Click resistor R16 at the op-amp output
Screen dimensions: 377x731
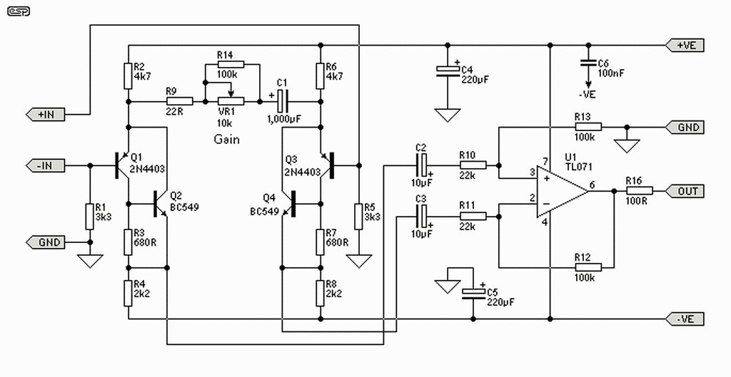[x=639, y=191]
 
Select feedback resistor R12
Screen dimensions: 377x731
[x=588, y=267]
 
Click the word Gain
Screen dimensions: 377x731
[x=226, y=140]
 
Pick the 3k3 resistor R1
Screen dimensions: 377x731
[x=89, y=216]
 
